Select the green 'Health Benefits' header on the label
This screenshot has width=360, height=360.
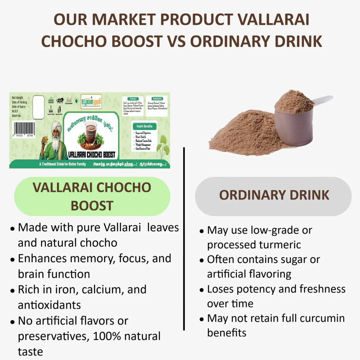click(x=144, y=126)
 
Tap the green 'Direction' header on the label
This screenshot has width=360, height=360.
click(x=133, y=99)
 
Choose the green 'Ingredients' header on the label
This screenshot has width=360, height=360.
click(x=157, y=99)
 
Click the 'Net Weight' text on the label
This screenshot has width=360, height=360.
click(x=17, y=98)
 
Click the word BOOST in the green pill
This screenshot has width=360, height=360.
click(x=92, y=206)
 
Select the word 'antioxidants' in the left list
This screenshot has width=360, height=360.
click(x=49, y=305)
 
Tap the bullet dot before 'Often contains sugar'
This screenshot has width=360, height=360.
click(x=201, y=260)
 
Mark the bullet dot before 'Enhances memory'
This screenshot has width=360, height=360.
click(x=12, y=260)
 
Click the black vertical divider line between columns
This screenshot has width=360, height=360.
click(x=184, y=239)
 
